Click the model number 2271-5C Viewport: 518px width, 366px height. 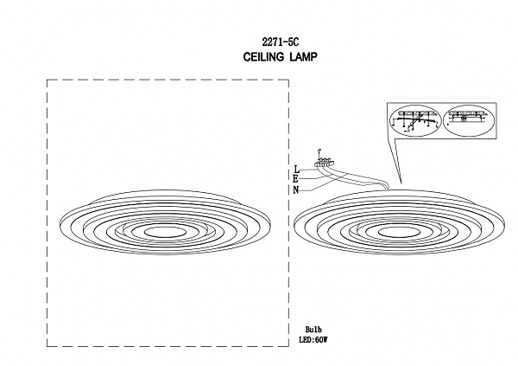[x=280, y=42]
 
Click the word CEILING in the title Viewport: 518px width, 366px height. [x=263, y=57]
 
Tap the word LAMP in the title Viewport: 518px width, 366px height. [x=304, y=57]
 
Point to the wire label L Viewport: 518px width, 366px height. [x=297, y=170]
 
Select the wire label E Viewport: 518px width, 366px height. [x=295, y=179]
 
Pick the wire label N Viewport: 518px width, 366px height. [x=295, y=190]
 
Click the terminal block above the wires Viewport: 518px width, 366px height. [x=325, y=162]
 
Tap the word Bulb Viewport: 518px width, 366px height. [x=313, y=330]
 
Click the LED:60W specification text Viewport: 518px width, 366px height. [x=313, y=340]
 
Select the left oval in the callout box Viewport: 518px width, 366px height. [x=415, y=120]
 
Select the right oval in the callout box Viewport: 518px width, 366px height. [x=469, y=120]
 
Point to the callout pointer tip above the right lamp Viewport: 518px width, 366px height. [x=401, y=183]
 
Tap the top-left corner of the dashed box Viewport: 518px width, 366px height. [x=47, y=80]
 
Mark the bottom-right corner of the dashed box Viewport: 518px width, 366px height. [x=288, y=346]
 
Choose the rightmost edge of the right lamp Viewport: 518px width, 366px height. [x=505, y=225]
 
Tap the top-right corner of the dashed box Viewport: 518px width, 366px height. [x=288, y=80]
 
